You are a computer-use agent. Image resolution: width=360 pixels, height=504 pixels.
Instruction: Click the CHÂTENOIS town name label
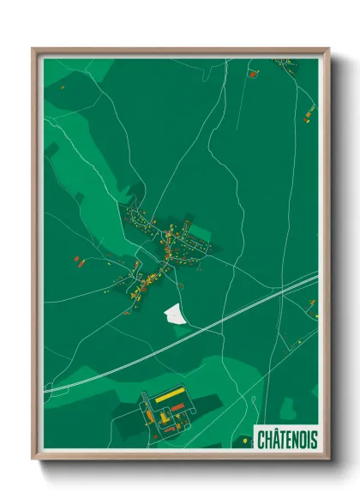(286, 440)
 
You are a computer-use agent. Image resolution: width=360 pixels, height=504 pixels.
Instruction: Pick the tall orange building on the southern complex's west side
(147, 411)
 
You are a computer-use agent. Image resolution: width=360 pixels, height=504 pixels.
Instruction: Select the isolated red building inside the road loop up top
(252, 75)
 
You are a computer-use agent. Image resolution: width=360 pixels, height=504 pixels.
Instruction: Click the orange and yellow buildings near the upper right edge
(309, 110)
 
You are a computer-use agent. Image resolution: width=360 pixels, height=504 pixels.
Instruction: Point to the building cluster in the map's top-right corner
(292, 64)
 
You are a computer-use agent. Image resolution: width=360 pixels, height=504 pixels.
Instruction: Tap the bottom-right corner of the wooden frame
(329, 460)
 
